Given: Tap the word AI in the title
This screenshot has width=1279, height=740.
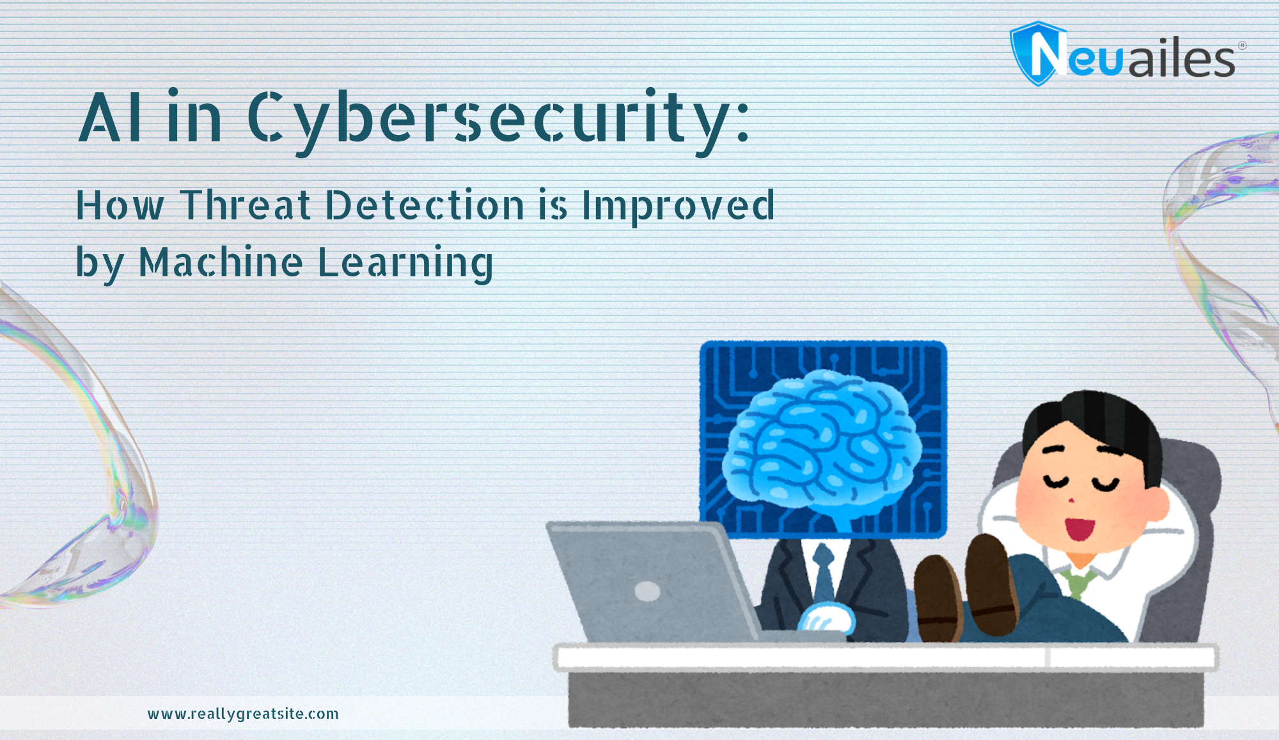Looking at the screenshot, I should pyautogui.click(x=110, y=118).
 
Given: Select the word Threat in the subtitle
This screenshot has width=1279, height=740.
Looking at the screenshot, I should pyautogui.click(x=245, y=205).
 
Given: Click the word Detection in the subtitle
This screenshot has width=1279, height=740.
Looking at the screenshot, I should pyautogui.click(x=425, y=205).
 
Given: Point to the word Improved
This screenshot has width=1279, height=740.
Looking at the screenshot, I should pyautogui.click(x=677, y=205).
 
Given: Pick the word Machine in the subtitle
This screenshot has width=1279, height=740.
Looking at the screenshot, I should pyautogui.click(x=221, y=262).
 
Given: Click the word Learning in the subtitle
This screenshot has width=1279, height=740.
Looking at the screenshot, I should pyautogui.click(x=405, y=263).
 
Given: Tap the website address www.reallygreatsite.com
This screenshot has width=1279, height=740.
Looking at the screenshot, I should pyautogui.click(x=243, y=714).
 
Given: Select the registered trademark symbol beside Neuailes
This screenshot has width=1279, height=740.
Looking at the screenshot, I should pyautogui.click(x=1242, y=45).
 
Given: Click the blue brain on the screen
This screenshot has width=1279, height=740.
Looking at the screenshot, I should pyautogui.click(x=822, y=441).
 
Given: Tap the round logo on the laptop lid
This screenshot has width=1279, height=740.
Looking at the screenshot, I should pyautogui.click(x=647, y=591).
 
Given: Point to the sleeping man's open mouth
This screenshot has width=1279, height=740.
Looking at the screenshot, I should pyautogui.click(x=1079, y=528).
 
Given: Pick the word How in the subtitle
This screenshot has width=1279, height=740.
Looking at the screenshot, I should pyautogui.click(x=120, y=205).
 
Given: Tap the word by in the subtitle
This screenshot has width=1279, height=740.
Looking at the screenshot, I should pyautogui.click(x=99, y=263).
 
